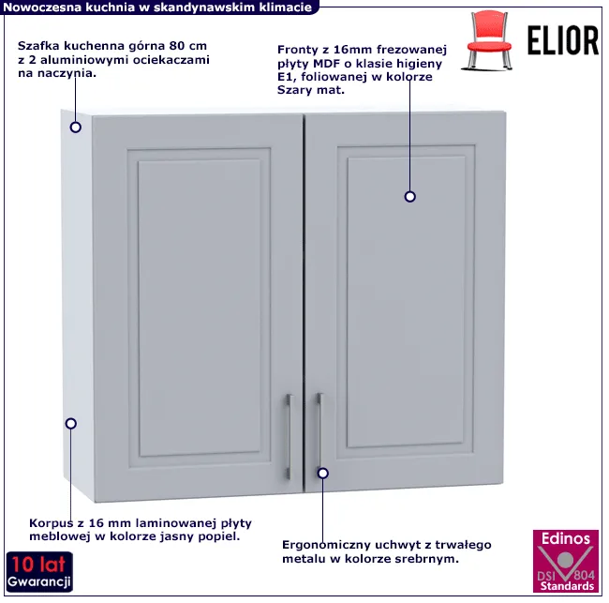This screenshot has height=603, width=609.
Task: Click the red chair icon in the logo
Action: [x=487, y=41]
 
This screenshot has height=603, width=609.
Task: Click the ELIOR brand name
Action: [x=563, y=41]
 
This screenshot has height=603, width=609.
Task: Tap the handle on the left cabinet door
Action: [x=289, y=436]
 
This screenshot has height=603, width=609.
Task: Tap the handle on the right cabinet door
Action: [x=319, y=431]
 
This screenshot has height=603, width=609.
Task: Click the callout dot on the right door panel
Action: [x=409, y=197]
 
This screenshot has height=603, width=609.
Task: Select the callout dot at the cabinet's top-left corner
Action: [x=75, y=128]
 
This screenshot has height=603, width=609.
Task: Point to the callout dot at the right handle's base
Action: [x=322, y=474]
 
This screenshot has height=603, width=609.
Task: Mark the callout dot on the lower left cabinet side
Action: [x=70, y=423]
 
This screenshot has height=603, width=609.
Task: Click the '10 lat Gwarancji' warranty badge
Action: [x=39, y=572]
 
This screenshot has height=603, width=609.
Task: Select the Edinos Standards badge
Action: [x=566, y=561]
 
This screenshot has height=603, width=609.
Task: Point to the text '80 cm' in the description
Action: [x=187, y=46]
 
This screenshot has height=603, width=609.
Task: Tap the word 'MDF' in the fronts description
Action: [x=327, y=64]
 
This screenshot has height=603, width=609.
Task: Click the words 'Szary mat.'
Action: [x=311, y=90]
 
